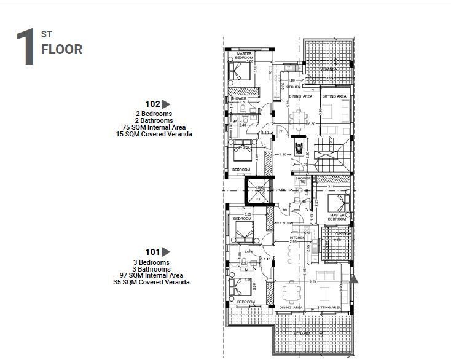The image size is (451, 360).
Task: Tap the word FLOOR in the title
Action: point(61,50)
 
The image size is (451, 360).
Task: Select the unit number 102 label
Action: point(152,104)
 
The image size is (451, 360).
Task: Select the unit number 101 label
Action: point(152,252)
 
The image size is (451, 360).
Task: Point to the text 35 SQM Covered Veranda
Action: point(151,283)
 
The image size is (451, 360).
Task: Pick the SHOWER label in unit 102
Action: point(238,99)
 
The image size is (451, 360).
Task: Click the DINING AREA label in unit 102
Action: point(300,96)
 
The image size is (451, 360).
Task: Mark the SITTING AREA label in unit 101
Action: point(329,307)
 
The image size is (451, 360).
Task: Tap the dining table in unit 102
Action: point(299,117)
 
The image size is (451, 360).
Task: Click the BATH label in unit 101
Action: point(249,252)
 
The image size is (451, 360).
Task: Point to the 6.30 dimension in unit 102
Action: point(312,124)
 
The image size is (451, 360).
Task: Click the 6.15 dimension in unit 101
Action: point(313,281)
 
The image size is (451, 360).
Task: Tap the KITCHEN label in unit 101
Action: point(297,237)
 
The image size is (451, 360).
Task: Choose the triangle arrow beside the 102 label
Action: point(165,104)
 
